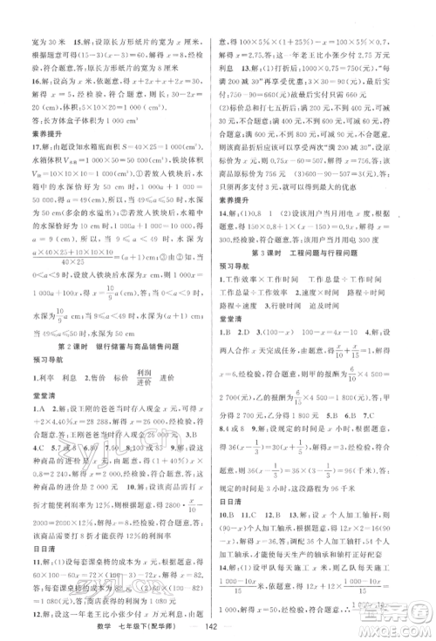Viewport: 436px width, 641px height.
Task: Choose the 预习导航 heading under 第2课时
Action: pos(39,361)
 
